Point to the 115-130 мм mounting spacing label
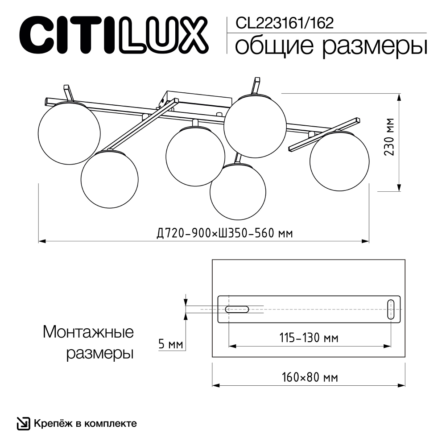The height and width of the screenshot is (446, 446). (309, 338)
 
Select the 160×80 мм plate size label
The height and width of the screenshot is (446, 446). (309, 377)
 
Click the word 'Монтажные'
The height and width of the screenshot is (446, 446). (88, 332)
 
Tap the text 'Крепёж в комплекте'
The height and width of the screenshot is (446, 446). (84, 423)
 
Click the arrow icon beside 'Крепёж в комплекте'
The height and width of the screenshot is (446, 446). (23, 423)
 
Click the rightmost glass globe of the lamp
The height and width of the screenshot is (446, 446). (339, 161)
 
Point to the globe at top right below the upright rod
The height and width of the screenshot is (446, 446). (254, 126)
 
